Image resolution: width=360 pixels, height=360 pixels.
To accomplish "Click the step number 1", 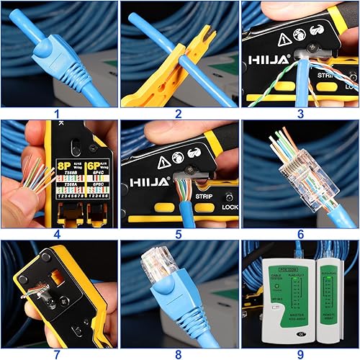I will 57,114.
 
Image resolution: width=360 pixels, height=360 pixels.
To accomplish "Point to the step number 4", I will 57,233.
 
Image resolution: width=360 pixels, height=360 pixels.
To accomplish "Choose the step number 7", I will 57,354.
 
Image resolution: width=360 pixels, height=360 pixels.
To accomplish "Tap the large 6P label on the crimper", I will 93,164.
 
